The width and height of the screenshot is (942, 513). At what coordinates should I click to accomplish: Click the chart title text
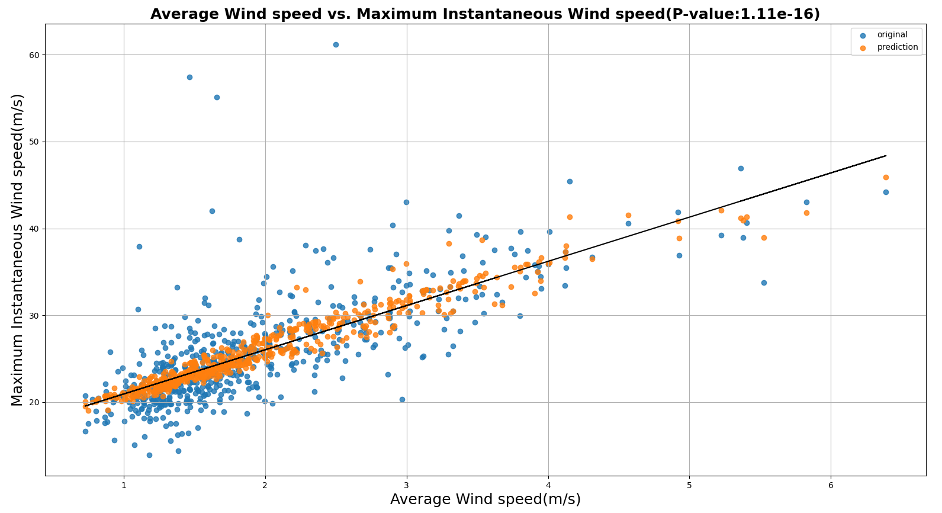(x=485, y=14)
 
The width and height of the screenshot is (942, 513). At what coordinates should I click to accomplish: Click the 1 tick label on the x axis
(x=124, y=486)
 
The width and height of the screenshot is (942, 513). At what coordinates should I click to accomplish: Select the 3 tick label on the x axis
(x=407, y=486)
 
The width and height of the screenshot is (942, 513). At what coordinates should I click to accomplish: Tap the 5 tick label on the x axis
(x=689, y=486)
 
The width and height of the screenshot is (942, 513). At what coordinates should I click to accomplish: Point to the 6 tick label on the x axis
(x=831, y=486)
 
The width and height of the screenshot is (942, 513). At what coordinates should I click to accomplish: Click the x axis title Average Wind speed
(x=485, y=500)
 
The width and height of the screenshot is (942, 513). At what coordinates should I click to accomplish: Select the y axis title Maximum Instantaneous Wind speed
(x=18, y=249)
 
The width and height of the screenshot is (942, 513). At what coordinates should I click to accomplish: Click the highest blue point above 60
(x=336, y=44)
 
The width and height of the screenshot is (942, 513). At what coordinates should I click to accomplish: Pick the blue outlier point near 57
(x=189, y=77)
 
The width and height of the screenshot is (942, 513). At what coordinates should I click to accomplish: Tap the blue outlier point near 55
(x=217, y=97)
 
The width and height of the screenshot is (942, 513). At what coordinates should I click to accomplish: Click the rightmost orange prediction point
(x=886, y=177)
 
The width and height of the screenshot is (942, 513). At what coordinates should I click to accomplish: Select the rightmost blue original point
(x=886, y=192)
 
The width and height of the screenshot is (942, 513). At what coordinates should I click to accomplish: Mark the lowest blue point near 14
(x=149, y=455)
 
